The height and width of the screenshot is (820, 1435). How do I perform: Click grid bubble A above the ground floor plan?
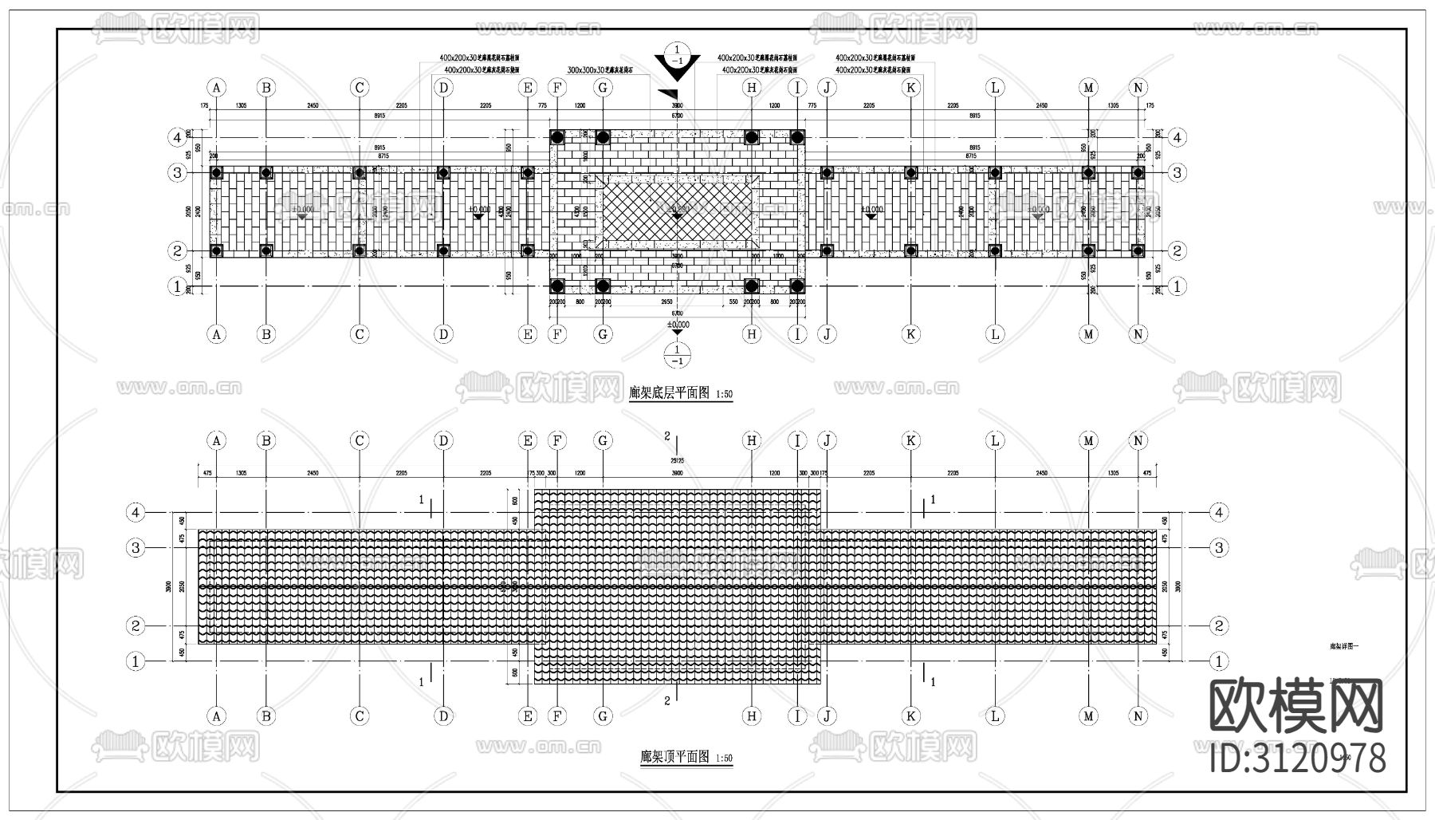[x=216, y=88]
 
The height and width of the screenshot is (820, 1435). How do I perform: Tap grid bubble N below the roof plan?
[x=1138, y=716]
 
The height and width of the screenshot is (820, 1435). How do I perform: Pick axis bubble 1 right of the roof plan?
[x=1218, y=661]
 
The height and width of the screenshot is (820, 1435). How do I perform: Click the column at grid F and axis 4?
[x=557, y=137]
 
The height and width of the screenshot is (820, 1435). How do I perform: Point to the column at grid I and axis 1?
[x=796, y=286]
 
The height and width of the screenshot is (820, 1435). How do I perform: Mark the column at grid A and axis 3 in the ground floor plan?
[x=216, y=172]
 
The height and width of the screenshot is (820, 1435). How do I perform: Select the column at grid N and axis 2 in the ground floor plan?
[x=1138, y=250]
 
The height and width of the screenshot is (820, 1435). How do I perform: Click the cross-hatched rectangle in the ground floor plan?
[x=677, y=211]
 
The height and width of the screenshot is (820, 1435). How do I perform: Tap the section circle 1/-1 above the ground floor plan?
[x=677, y=54]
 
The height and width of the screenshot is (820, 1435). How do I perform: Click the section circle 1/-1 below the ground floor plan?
[x=677, y=355]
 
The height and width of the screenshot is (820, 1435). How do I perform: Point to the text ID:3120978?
[x=1298, y=758]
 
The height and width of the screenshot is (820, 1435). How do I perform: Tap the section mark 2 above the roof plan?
[x=667, y=436]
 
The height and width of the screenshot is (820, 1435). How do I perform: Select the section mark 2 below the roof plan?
[x=667, y=701]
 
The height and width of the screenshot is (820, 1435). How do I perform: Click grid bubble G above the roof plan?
[x=603, y=440]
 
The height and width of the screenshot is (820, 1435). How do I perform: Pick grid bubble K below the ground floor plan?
[x=910, y=334]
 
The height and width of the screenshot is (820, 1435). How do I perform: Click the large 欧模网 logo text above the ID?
[x=1296, y=707]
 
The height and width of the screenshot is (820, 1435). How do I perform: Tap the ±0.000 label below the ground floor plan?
[x=678, y=325]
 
